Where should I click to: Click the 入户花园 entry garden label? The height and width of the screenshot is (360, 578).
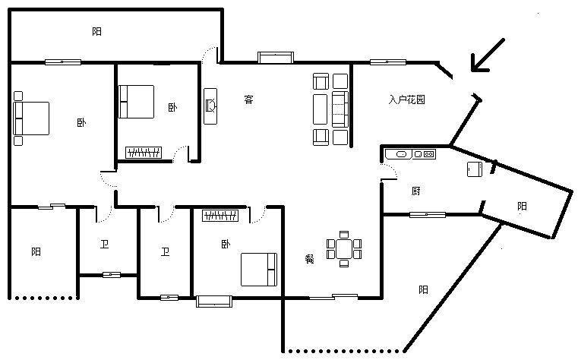(406, 99)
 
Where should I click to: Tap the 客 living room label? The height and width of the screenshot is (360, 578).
(249, 99)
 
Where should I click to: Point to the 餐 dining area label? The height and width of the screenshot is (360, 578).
(309, 259)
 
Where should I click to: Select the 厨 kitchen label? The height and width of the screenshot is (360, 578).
(415, 191)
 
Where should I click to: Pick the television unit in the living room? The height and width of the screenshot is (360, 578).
(210, 106)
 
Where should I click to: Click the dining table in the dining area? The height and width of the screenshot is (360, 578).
(344, 248)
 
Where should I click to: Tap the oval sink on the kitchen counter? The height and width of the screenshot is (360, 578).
(402, 154)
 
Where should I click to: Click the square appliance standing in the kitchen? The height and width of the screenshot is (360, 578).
(475, 169)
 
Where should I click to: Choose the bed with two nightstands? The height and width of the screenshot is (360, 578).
(31, 118)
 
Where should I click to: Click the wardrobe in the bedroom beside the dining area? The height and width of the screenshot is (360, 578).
(220, 216)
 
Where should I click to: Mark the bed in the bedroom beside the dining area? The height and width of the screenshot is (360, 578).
(259, 270)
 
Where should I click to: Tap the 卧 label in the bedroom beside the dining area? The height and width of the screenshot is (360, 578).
(226, 244)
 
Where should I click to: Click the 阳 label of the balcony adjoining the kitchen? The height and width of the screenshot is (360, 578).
(522, 206)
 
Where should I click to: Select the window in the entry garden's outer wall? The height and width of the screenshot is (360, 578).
(388, 62)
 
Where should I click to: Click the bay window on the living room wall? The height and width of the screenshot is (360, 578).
(276, 58)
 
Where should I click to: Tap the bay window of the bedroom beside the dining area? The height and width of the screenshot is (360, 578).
(214, 301)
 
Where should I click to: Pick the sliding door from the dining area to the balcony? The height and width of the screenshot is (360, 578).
(333, 296)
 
